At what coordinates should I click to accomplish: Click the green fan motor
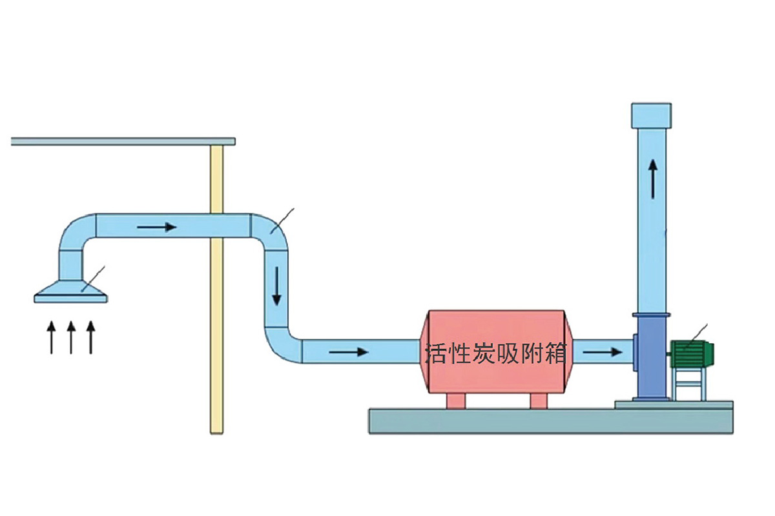tap(693, 353)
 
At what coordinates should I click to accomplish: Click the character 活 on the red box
tap(437, 353)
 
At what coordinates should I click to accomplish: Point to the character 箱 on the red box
tap(555, 353)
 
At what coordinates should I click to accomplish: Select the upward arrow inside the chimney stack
tap(654, 179)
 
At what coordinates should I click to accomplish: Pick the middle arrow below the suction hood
tap(71, 337)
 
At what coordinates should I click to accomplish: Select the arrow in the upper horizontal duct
tap(156, 227)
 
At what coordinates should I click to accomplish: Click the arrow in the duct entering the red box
tap(348, 352)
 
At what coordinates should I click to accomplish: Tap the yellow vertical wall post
tap(217, 322)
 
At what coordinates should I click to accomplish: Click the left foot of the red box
tap(456, 401)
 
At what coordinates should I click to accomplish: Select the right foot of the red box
tap(538, 401)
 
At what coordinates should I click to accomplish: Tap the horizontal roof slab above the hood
tap(123, 141)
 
